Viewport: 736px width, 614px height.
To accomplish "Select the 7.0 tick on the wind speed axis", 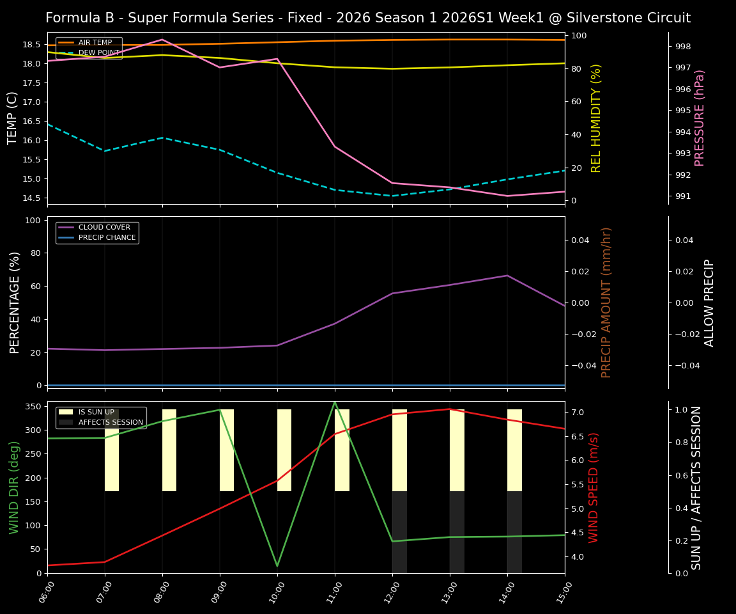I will click(578, 413).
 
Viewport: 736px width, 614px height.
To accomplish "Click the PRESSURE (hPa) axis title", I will click(700, 118).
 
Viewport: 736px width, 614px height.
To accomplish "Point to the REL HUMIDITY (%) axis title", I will click(597, 118).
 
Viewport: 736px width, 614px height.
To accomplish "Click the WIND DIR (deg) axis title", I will click(14, 487).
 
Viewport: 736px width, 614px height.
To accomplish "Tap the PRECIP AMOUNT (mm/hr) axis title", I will click(607, 302).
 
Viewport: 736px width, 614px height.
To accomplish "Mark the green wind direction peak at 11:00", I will click(335, 402).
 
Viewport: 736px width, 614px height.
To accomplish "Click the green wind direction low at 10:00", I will click(277, 566).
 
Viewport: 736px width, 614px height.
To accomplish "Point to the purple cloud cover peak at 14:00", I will click(507, 276).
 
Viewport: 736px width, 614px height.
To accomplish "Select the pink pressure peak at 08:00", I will click(162, 40).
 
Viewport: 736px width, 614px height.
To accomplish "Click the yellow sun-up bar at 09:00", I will click(227, 450).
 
